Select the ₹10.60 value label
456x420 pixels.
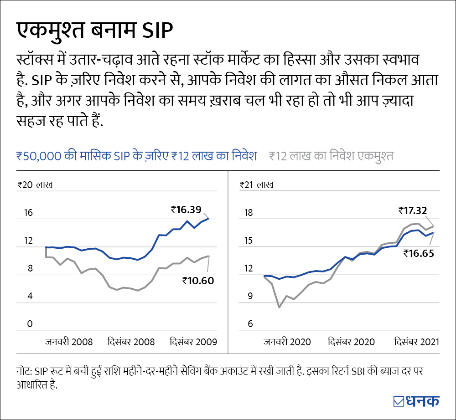tap(198, 281)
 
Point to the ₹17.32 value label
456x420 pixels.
tap(412, 210)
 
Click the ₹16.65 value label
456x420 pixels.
tap(418, 253)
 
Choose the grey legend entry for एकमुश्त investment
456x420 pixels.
tap(331, 156)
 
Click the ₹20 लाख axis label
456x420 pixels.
tap(35, 185)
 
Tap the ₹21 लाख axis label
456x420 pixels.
tap(257, 185)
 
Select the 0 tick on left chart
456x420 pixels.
tap(30, 324)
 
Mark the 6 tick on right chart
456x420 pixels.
tap(250, 324)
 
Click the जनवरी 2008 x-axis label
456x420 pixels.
tap(69, 342)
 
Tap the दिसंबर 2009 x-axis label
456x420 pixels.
tap(193, 342)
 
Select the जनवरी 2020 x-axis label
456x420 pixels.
tap(287, 342)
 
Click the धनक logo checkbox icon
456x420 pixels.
tap(398, 401)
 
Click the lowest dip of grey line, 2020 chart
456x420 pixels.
tap(279, 307)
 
